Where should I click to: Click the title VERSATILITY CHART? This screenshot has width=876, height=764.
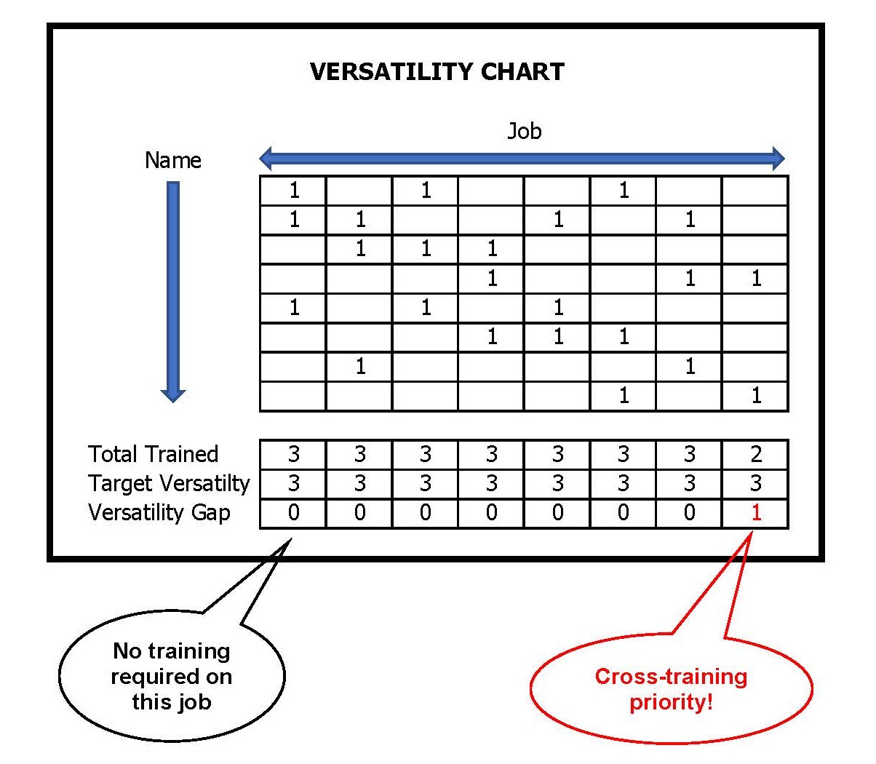pyautogui.click(x=437, y=71)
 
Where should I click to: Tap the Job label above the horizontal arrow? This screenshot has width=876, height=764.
pyautogui.click(x=524, y=131)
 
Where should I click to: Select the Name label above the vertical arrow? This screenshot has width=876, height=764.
pyautogui.click(x=172, y=160)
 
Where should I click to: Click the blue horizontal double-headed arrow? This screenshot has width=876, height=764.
pyautogui.click(x=522, y=158)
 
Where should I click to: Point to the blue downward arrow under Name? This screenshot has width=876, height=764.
pyautogui.click(x=172, y=291)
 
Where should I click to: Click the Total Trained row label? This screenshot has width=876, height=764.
pyautogui.click(x=153, y=454)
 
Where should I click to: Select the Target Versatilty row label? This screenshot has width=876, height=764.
pyautogui.click(x=168, y=483)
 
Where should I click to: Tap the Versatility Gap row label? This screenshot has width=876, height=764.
pyautogui.click(x=159, y=512)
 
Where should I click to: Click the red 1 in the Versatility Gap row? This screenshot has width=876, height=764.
pyautogui.click(x=756, y=513)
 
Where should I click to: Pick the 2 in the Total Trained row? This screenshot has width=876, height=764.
pyautogui.click(x=756, y=454)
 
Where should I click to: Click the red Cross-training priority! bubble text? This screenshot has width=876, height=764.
pyautogui.click(x=671, y=689)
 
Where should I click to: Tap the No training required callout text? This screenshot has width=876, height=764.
pyautogui.click(x=172, y=676)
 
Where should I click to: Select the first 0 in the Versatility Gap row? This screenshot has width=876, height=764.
pyautogui.click(x=293, y=513)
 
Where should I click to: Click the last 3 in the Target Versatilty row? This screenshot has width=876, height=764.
pyautogui.click(x=756, y=483)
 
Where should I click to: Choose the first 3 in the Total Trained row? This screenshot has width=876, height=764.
pyautogui.click(x=293, y=454)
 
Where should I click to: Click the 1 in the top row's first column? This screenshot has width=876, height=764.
pyautogui.click(x=294, y=191)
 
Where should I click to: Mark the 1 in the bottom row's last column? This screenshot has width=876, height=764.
pyautogui.click(x=756, y=396)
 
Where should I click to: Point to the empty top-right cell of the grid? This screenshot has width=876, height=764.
pyautogui.click(x=755, y=191)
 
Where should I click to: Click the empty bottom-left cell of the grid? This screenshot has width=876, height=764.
pyautogui.click(x=292, y=396)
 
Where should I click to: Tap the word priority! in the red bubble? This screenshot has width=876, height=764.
pyautogui.click(x=671, y=702)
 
